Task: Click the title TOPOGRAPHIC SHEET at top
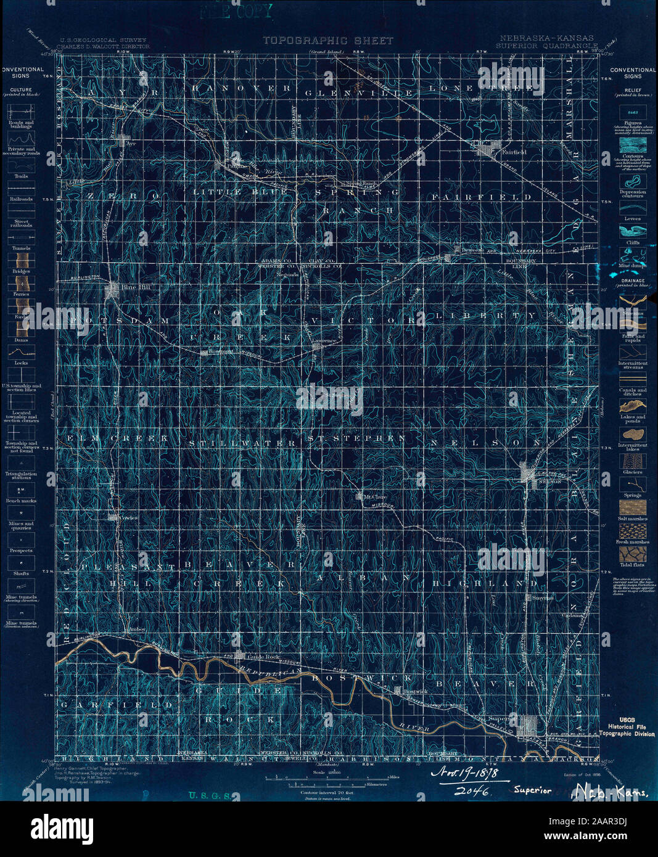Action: click(327, 41)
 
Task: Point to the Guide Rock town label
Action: click(265, 657)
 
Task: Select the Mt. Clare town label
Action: click(374, 496)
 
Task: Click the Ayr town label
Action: click(130, 142)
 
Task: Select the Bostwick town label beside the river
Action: click(414, 692)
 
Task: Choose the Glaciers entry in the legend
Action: click(633, 472)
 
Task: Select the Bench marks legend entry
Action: click(21, 501)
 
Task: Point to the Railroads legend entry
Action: click(21, 199)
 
